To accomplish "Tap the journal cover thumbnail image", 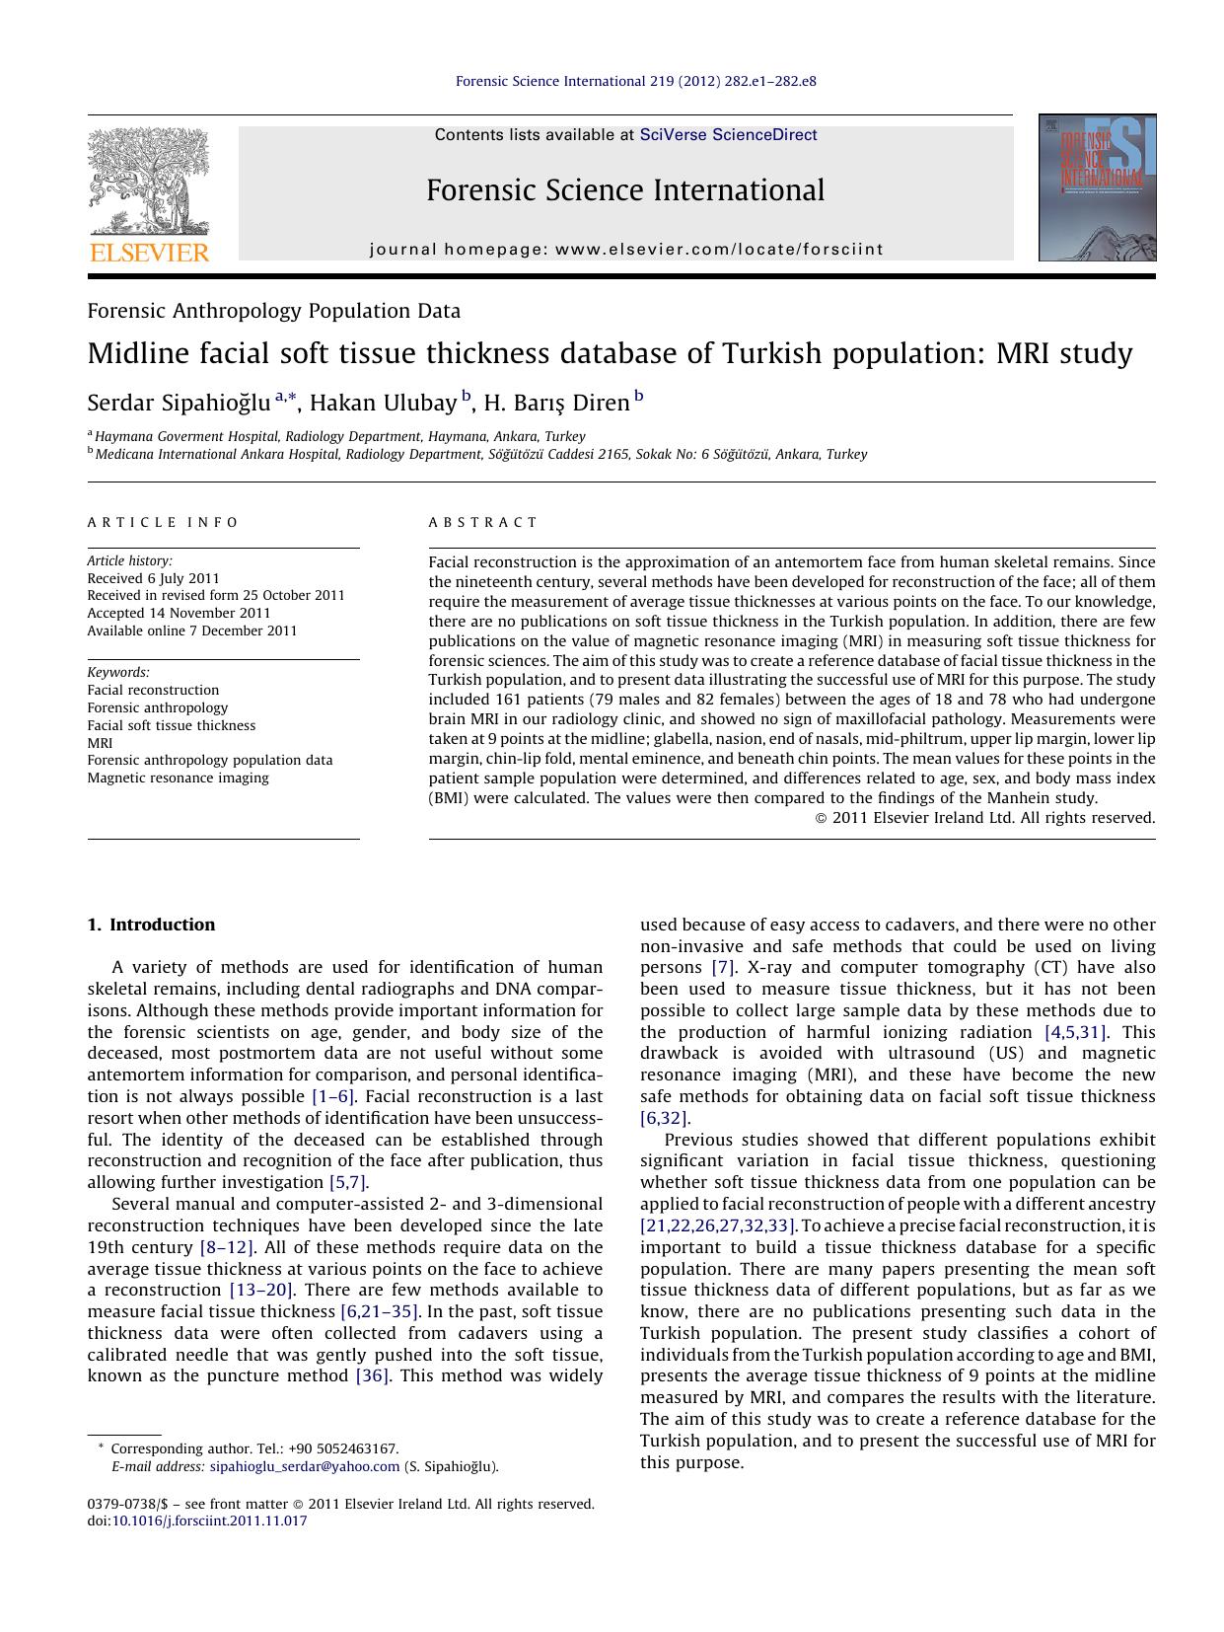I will (1097, 187).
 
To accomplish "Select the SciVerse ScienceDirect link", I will (728, 135).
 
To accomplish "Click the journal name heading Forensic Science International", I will (625, 190).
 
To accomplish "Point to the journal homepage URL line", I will (626, 250).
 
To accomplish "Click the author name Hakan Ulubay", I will (384, 403).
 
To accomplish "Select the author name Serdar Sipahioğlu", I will (179, 403).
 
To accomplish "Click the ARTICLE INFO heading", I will (163, 523).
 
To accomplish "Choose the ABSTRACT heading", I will (483, 523).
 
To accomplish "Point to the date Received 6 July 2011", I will (153, 578).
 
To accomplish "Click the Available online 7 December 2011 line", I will (191, 631).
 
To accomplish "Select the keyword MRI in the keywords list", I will (100, 743).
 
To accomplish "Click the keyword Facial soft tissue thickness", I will (171, 725).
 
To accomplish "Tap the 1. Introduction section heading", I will (151, 925).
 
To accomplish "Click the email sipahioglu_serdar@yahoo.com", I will (305, 1466).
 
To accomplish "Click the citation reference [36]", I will (373, 1375).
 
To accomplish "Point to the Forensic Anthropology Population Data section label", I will (273, 311).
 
